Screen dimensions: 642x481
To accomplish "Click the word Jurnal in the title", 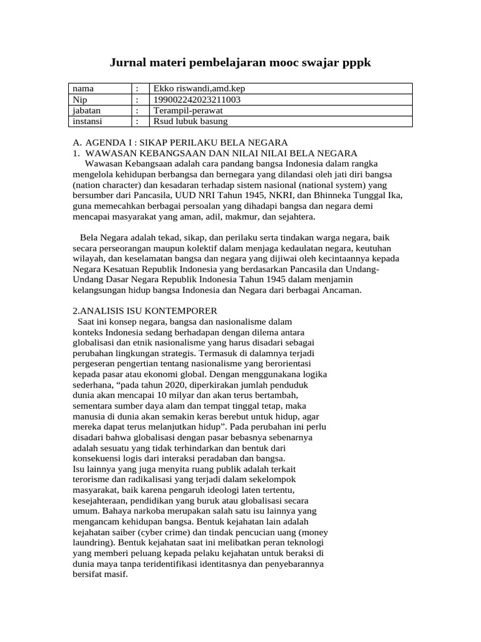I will [x=129, y=63].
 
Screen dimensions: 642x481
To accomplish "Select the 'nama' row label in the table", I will [x=83, y=89].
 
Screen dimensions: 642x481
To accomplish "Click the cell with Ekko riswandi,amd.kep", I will [x=195, y=89].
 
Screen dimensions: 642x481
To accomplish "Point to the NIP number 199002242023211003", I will [x=197, y=100].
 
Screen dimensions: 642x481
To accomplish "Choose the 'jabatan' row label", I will [x=86, y=110].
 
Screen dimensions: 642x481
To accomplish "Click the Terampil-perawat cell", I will [x=185, y=110].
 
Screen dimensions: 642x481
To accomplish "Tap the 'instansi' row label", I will [x=88, y=121].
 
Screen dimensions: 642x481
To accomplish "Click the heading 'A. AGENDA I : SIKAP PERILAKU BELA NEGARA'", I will [x=180, y=142].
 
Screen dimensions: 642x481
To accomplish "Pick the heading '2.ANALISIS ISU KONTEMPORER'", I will [x=145, y=311].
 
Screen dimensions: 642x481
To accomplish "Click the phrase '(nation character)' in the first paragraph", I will [x=105, y=186].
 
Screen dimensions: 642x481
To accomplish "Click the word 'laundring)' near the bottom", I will [x=94, y=542].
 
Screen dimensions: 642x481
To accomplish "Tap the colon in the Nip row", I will [x=137, y=100].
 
